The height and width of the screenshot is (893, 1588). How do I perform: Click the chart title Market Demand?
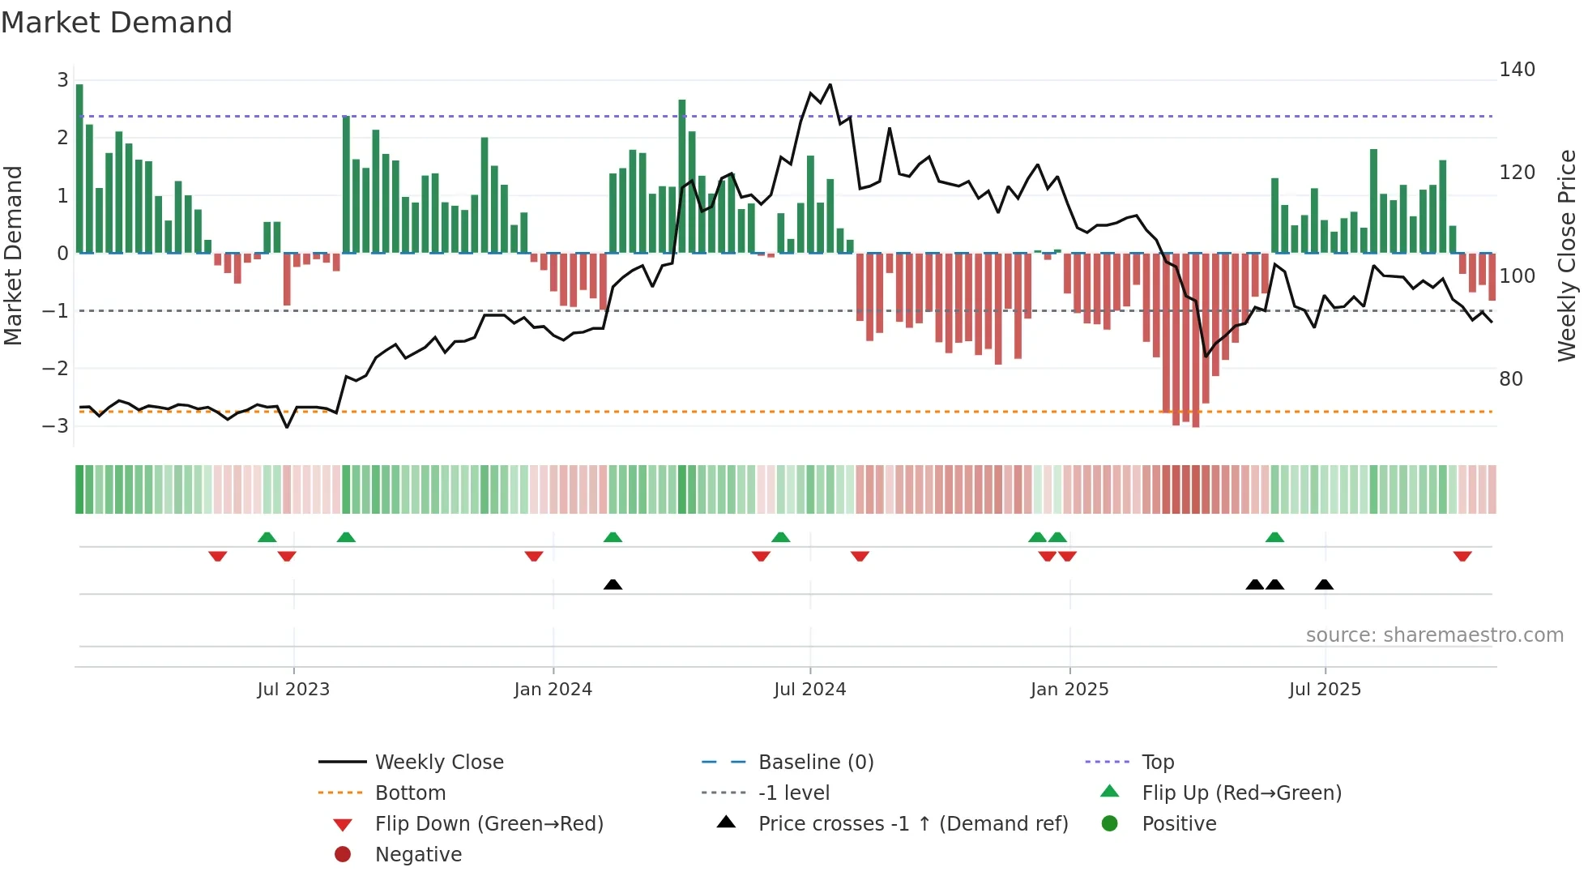(117, 23)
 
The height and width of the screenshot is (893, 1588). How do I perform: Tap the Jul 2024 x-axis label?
(809, 690)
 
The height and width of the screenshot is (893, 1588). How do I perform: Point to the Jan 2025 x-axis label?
(1069, 690)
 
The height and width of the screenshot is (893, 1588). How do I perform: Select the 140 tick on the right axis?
(1517, 70)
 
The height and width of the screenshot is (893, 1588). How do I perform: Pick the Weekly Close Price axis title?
(1567, 255)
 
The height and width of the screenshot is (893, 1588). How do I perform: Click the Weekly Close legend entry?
(438, 763)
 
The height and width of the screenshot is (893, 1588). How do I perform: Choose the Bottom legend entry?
(410, 793)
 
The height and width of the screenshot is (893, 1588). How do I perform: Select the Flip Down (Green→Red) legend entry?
(489, 824)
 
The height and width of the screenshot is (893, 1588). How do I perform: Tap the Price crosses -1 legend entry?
(912, 824)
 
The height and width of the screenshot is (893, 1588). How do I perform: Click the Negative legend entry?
(418, 855)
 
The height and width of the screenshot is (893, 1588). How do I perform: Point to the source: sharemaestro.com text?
(1434, 635)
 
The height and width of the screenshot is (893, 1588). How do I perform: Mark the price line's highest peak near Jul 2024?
(830, 84)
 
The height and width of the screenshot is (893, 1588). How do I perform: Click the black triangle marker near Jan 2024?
(613, 584)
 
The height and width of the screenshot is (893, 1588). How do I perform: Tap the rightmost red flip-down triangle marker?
(1462, 556)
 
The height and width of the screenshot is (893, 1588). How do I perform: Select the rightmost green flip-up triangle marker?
(1274, 537)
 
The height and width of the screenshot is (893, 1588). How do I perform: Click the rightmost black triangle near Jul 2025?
(1324, 584)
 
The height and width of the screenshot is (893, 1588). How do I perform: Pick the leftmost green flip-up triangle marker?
(267, 537)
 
